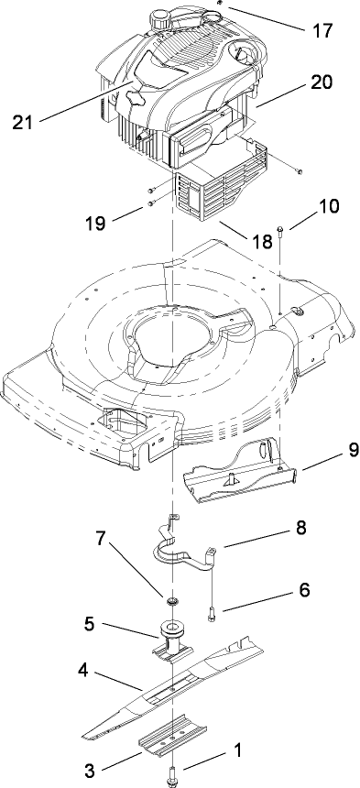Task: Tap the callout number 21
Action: (x=30, y=121)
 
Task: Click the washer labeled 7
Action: (x=170, y=601)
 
